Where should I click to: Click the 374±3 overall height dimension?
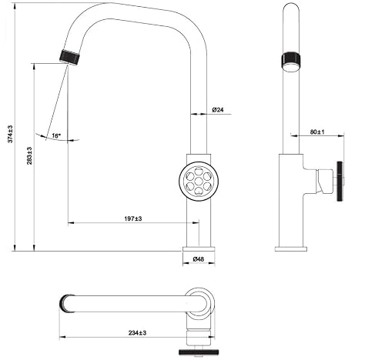10,134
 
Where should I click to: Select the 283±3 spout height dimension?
29,155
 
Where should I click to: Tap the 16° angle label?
56,135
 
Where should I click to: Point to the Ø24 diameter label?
218,110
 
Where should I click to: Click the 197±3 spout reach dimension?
133,218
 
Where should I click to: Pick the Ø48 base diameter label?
199,259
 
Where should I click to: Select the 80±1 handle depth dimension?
317,132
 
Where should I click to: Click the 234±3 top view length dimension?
137,333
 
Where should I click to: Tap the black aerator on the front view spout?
70,58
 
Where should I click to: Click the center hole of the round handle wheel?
199,182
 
